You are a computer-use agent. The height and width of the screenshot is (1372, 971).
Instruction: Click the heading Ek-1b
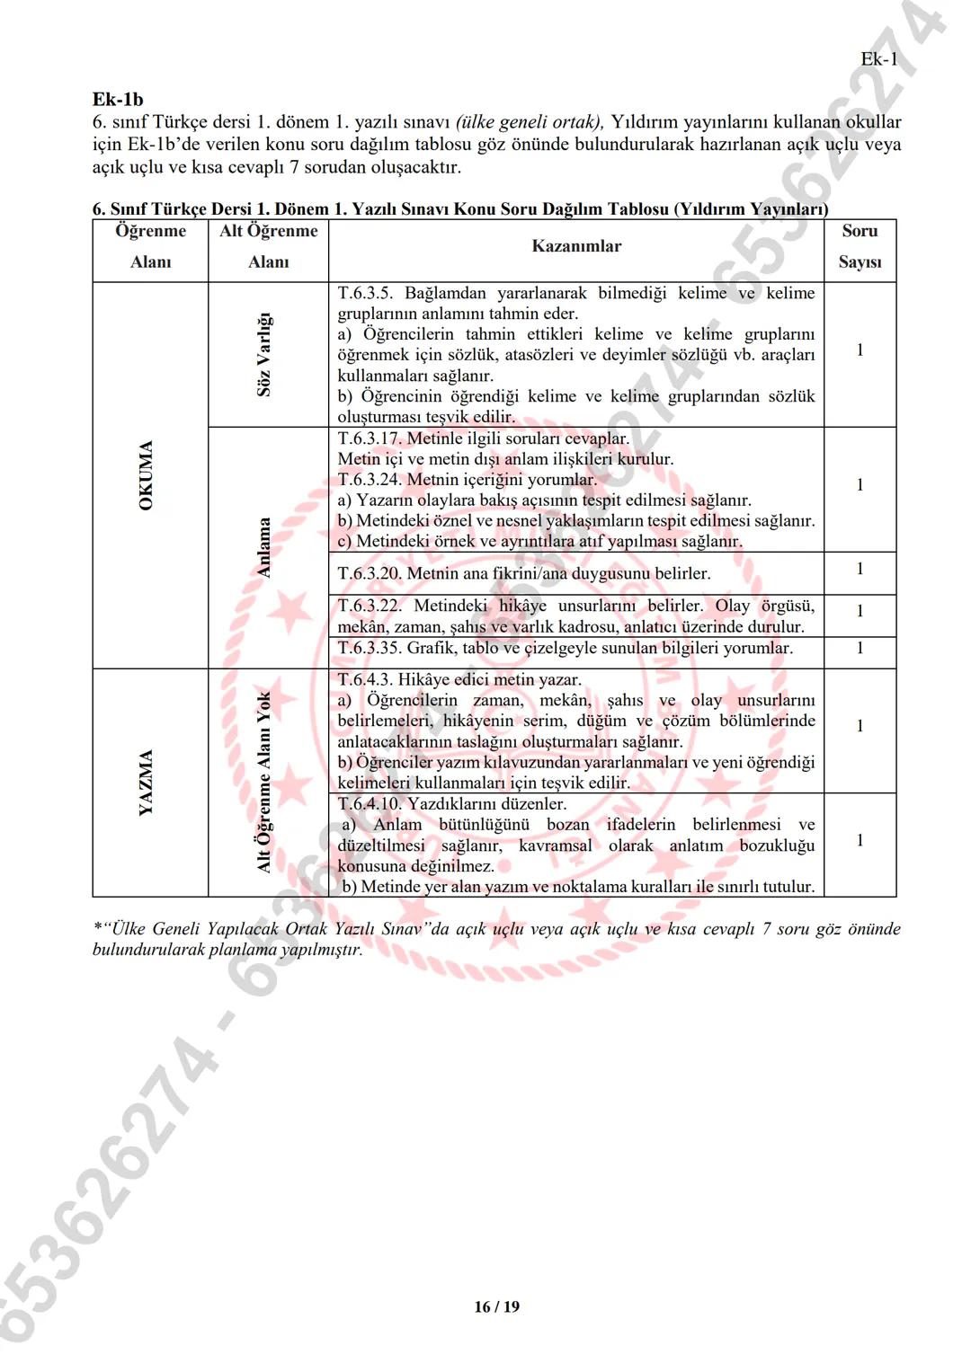[118, 100]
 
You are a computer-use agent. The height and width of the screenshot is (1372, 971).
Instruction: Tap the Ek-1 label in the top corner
[878, 59]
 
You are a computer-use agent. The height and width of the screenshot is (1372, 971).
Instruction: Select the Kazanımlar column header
[576, 246]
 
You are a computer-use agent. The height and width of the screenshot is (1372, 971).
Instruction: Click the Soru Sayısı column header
[860, 246]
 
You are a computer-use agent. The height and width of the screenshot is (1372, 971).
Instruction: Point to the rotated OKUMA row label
[147, 475]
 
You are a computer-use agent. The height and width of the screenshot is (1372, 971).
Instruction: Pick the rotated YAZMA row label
[147, 783]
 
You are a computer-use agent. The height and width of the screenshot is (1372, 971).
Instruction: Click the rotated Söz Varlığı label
[264, 355]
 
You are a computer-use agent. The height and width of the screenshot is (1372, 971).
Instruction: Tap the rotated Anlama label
[264, 547]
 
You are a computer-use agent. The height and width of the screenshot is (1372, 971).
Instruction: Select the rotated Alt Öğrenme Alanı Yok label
[264, 783]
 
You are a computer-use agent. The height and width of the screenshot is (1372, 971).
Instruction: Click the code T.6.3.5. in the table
[365, 294]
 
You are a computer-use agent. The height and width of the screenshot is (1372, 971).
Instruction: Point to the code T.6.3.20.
[370, 573]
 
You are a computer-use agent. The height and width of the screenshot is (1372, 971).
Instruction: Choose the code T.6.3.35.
[370, 648]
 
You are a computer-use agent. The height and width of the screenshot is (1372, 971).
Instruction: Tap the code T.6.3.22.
[370, 606]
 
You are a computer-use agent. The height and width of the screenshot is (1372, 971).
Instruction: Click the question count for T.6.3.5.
[860, 350]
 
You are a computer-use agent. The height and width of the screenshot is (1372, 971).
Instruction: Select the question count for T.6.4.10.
[860, 840]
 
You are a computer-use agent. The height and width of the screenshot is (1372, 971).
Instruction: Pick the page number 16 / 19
[496, 1306]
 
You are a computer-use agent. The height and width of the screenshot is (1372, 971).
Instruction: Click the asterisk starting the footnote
[96, 927]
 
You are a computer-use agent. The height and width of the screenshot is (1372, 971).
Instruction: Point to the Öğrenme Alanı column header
[150, 246]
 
